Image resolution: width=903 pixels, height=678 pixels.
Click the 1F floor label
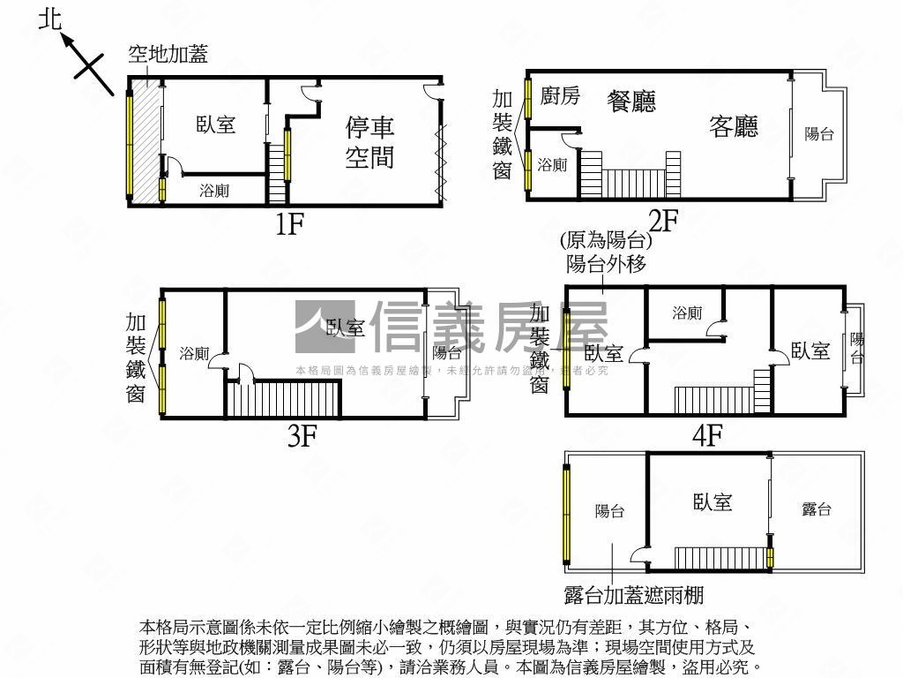pos(289,224)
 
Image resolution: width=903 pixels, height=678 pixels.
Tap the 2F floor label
pos(662,220)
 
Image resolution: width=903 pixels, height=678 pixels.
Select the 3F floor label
pos(302,436)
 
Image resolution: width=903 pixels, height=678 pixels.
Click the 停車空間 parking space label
pos(369,143)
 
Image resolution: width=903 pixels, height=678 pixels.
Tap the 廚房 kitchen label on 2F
pos(560,95)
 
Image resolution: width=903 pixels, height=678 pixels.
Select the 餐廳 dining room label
pos(631,101)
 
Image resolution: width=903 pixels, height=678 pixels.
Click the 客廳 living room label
pos(734,127)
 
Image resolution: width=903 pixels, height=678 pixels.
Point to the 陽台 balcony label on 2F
pos(819,134)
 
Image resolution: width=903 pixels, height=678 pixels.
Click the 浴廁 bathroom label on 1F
pos(214,190)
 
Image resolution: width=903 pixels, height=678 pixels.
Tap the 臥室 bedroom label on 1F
pos(216,124)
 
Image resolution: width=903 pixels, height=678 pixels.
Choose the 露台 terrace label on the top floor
pos(817,509)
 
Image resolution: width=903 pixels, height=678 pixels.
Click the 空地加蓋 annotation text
pos(168,55)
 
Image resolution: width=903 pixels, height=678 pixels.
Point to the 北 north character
pos(51,19)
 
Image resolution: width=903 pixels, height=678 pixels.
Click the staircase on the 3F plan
pos(283,398)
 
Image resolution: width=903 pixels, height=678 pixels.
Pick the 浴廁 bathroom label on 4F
pos(686,313)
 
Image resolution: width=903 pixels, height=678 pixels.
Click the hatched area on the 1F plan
pos(146,141)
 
